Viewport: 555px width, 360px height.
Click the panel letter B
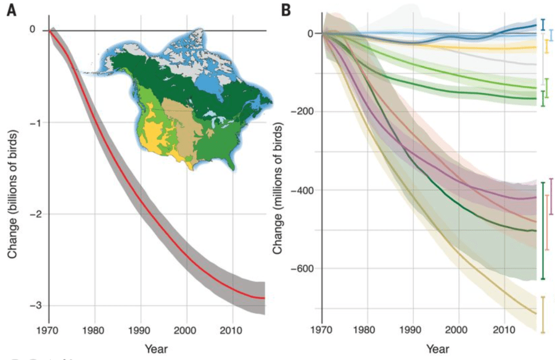286,10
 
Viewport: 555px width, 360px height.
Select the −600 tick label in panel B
305,269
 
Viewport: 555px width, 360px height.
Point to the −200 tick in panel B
305,112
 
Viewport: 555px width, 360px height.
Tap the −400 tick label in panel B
305,190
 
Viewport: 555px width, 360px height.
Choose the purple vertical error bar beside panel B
551,196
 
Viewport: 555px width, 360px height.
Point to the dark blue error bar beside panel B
543,25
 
